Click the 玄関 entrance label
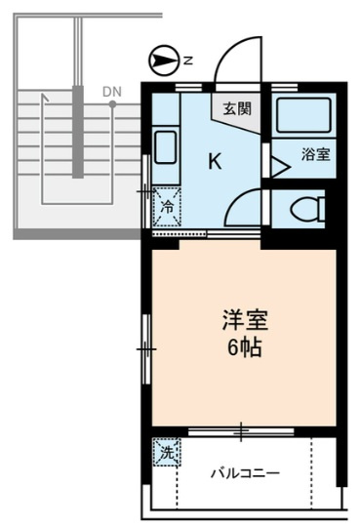click(x=237, y=108)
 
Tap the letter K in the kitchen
click(x=215, y=161)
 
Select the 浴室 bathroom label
click(x=315, y=154)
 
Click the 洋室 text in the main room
click(x=245, y=319)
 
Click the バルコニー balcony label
click(x=245, y=474)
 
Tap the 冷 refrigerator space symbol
click(x=167, y=207)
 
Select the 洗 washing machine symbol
click(x=167, y=452)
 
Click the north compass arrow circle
click(x=163, y=61)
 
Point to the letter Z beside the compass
click(x=188, y=61)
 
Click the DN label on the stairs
click(x=112, y=92)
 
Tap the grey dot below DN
click(x=112, y=104)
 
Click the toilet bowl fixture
click(x=307, y=210)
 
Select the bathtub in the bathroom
click(x=303, y=115)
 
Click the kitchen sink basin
click(x=165, y=147)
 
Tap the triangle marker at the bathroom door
click(x=281, y=167)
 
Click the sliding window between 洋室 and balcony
click(x=241, y=431)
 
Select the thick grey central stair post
click(x=78, y=132)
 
